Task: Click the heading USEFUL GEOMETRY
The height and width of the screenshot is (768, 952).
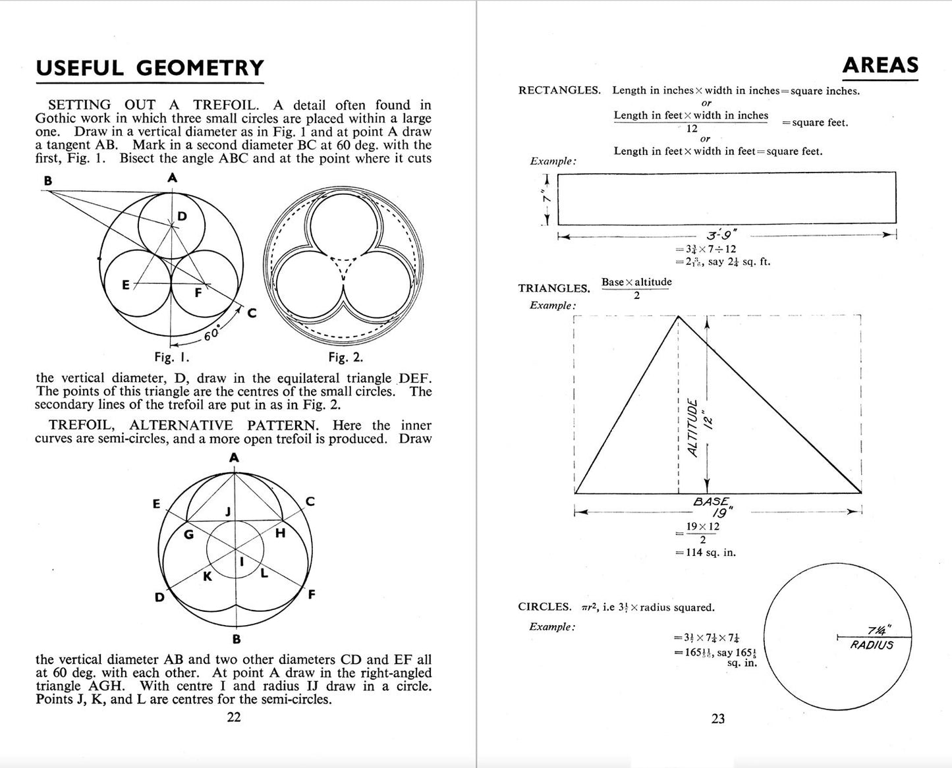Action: [x=150, y=69]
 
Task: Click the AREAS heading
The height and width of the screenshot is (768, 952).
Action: [x=880, y=65]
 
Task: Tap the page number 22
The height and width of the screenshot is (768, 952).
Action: [x=234, y=717]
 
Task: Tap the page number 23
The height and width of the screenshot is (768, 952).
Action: [x=718, y=719]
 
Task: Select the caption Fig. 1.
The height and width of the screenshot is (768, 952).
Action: [x=172, y=358]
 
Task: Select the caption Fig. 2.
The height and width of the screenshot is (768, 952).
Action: [x=346, y=358]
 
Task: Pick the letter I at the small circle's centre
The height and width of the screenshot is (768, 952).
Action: [x=241, y=562]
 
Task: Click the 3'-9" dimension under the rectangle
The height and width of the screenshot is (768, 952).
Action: [x=721, y=235]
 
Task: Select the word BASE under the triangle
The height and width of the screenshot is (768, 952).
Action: [x=712, y=502]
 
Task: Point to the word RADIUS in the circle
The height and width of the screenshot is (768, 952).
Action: [x=872, y=645]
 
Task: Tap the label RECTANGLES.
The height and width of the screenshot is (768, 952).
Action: [x=559, y=91]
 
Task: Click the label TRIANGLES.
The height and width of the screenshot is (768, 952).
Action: [x=554, y=288]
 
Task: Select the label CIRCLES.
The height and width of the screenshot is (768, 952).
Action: [x=544, y=607]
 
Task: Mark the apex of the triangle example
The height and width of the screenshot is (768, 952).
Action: [x=678, y=317]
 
